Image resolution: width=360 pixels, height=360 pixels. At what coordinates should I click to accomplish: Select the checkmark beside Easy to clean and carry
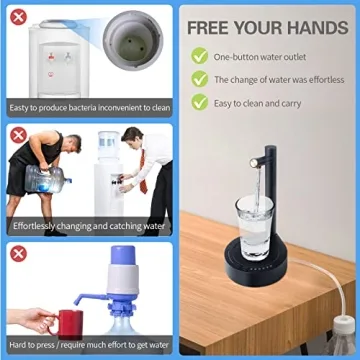[200, 102]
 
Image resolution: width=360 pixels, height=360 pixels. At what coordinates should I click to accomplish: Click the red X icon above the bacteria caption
[17, 17]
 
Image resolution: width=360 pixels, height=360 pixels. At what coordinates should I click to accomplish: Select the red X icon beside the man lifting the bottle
[17, 134]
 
